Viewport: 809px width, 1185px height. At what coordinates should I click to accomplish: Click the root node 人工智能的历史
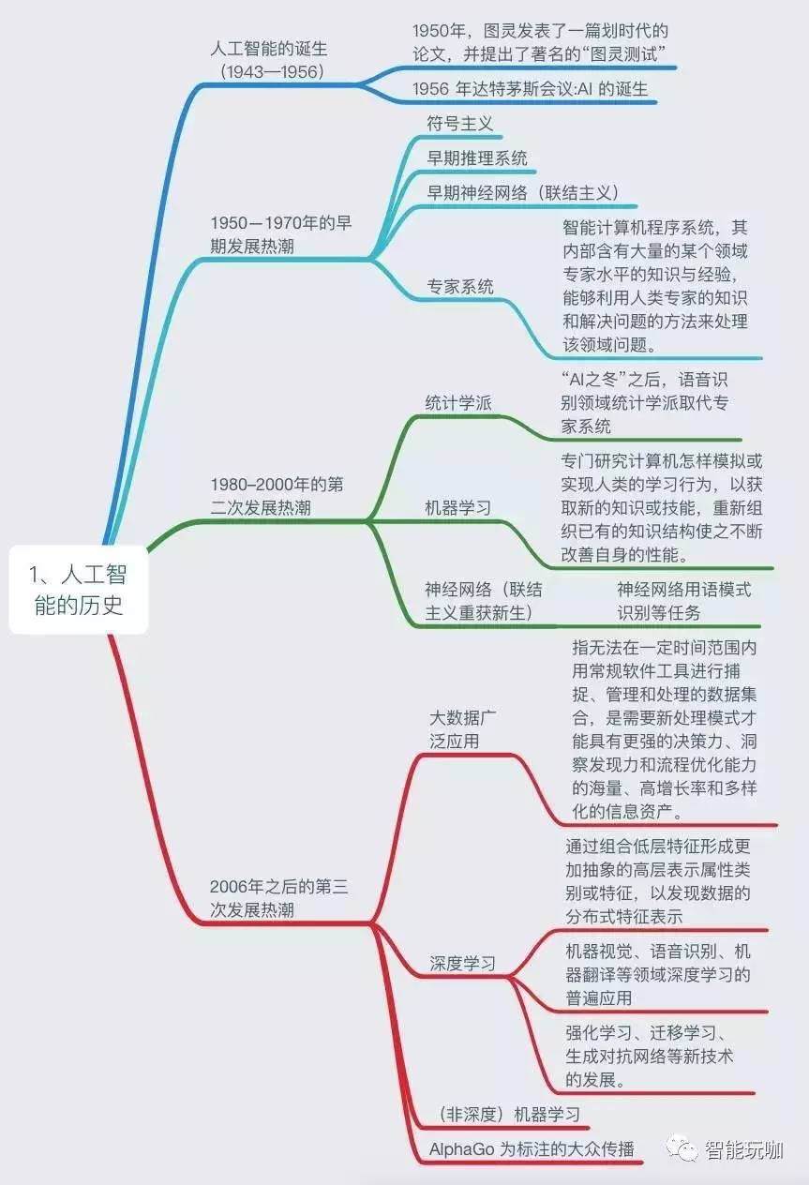pyautogui.click(x=79, y=589)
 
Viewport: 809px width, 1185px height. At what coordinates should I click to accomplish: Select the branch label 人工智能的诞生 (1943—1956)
pyautogui.click(x=268, y=60)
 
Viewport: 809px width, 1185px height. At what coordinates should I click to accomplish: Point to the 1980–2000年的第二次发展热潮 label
pyautogui.click(x=277, y=496)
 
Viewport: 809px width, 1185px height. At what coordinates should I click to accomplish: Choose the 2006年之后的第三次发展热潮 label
pyautogui.click(x=279, y=897)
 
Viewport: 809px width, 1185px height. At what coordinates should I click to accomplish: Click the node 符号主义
pyautogui.click(x=459, y=123)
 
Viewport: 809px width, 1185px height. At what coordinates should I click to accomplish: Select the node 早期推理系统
pyautogui.click(x=477, y=157)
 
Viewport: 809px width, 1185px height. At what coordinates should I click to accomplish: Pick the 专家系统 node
pyautogui.click(x=460, y=286)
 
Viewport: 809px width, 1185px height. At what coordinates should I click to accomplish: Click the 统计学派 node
pyautogui.click(x=458, y=403)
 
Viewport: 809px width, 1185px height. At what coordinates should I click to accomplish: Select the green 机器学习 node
pyautogui.click(x=457, y=507)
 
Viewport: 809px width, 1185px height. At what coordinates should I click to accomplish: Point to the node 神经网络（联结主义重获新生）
pyautogui.click(x=484, y=601)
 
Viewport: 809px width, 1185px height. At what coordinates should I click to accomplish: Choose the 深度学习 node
pyautogui.click(x=463, y=963)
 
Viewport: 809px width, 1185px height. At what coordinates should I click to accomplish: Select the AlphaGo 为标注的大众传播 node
pyautogui.click(x=532, y=1148)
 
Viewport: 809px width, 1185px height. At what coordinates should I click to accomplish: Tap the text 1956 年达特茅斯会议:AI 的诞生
pyautogui.click(x=530, y=89)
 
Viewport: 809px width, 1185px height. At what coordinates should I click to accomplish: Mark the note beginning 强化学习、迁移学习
pyautogui.click(x=649, y=1056)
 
